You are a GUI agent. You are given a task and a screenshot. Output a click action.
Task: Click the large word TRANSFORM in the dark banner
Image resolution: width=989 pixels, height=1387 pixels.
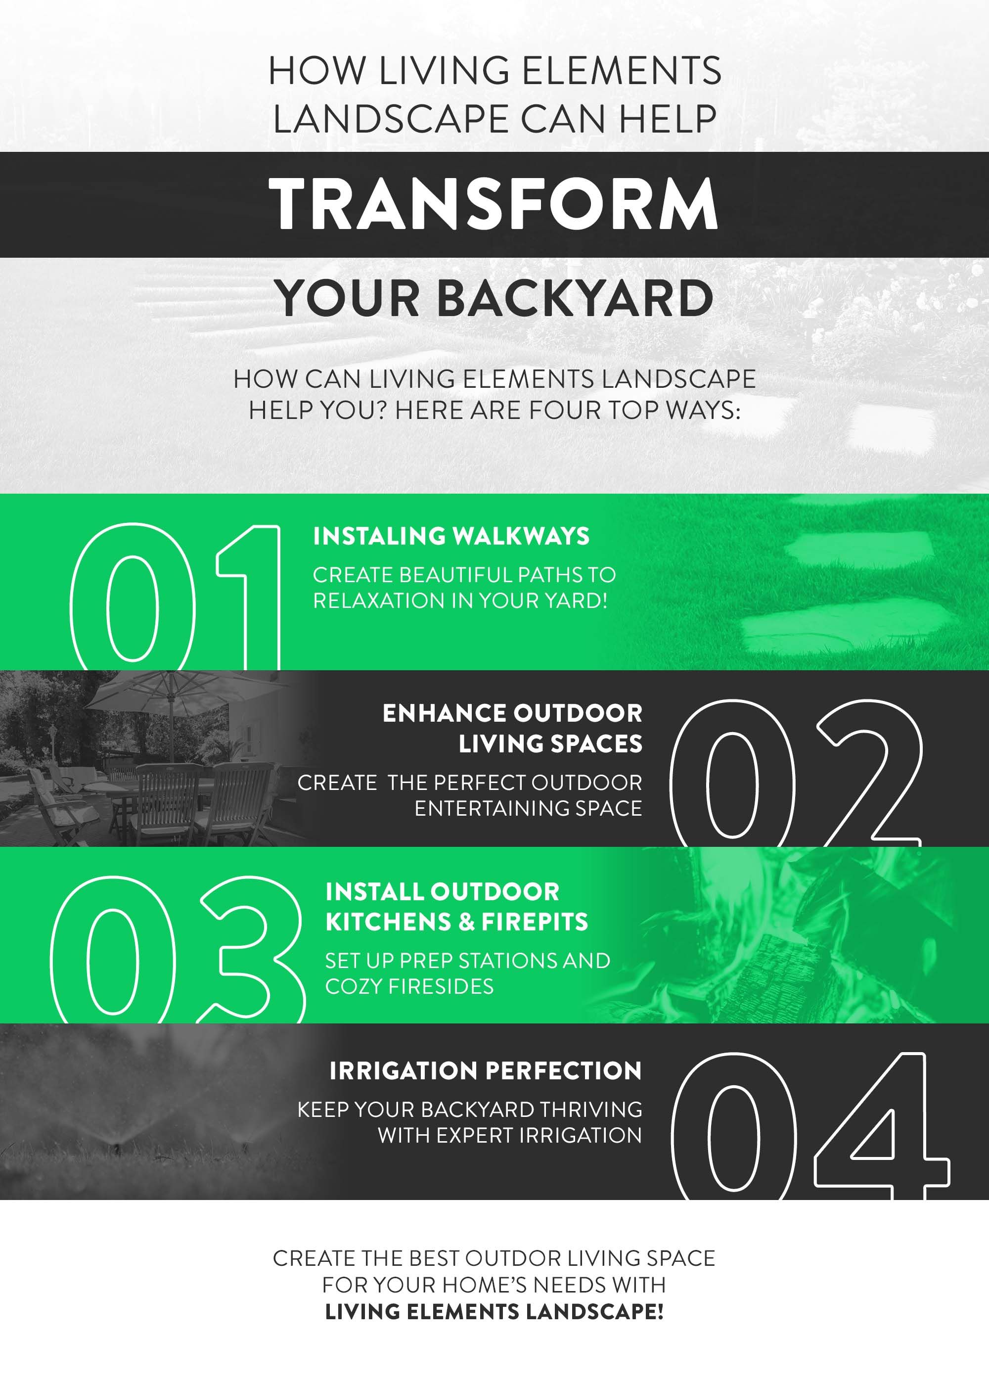pos(494,204)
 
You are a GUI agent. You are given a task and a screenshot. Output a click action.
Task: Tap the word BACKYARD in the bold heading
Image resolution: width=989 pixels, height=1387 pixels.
pos(575,298)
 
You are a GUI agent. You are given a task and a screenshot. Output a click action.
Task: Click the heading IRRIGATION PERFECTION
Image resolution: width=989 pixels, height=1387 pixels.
pos(486,1071)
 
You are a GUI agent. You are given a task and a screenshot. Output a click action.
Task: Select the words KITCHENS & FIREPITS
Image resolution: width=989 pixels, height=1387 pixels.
pos(457,922)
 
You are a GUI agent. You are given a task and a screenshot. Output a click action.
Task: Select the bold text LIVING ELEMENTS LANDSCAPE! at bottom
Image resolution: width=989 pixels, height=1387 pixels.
pos(494,1311)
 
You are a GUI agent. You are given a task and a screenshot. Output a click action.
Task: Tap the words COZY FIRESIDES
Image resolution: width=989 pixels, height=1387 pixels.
pos(409,986)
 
